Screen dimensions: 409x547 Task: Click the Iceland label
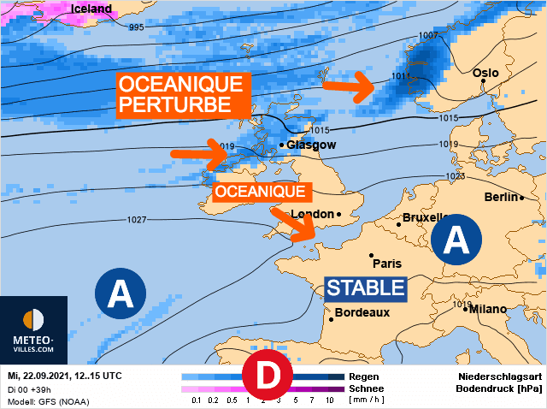click(x=91, y=9)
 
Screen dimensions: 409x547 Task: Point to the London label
click(x=311, y=214)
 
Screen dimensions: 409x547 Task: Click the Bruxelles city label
click(x=426, y=217)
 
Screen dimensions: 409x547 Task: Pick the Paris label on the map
click(x=387, y=264)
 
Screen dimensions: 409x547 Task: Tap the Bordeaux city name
click(x=362, y=312)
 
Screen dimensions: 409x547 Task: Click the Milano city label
click(x=488, y=309)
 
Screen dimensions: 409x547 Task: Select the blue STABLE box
click(x=365, y=287)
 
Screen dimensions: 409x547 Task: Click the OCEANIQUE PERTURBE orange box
click(x=182, y=95)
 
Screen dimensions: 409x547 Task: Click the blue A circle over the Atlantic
click(x=121, y=295)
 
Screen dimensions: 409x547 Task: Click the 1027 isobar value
click(x=136, y=220)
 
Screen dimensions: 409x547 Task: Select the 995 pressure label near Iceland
click(x=137, y=27)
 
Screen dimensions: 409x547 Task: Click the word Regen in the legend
click(x=363, y=376)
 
